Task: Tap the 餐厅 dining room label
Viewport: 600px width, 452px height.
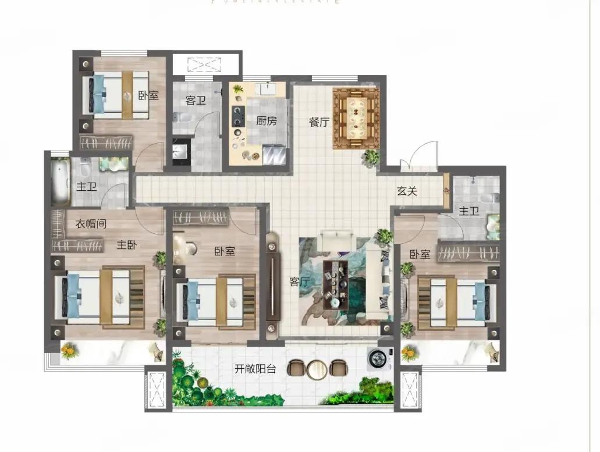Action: tap(319, 122)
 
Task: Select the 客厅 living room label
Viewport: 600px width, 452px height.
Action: tap(299, 282)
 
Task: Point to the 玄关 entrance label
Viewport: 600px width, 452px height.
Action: tap(407, 191)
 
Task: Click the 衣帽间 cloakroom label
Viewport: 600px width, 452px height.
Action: tap(91, 223)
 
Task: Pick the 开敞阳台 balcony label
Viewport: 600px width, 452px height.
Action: tap(255, 368)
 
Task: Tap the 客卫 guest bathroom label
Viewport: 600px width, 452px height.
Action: tap(196, 101)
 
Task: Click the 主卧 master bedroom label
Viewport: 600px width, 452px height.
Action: tap(126, 245)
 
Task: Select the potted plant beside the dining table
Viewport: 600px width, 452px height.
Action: tap(371, 156)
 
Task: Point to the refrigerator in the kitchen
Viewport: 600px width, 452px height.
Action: tap(274, 156)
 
